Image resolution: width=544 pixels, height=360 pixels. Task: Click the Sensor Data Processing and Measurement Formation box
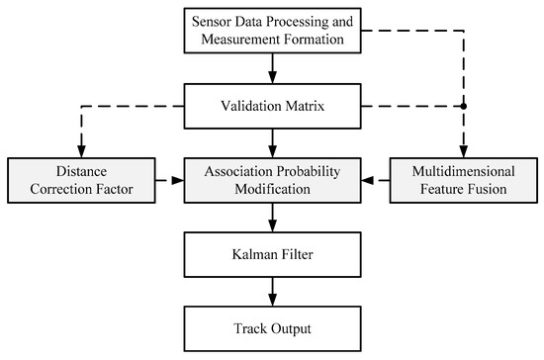tap(272, 30)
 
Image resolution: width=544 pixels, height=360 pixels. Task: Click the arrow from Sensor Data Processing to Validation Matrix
tap(272, 66)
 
